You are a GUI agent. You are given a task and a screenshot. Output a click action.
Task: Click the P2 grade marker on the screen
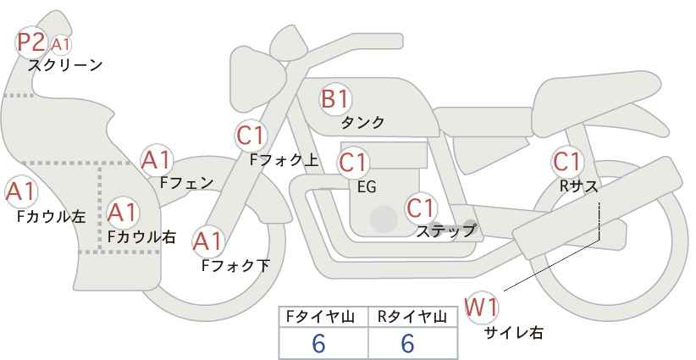(31, 42)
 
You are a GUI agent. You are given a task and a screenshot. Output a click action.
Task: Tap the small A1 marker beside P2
(60, 44)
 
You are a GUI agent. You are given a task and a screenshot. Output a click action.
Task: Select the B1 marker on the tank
(335, 99)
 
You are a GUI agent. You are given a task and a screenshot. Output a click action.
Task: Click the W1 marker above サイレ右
(481, 307)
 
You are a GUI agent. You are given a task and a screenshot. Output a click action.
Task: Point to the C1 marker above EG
(353, 163)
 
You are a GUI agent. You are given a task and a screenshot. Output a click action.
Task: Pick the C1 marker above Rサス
(566, 162)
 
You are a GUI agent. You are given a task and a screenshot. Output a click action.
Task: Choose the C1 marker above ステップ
(422, 208)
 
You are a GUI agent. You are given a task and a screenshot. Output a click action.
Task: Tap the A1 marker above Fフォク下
(207, 241)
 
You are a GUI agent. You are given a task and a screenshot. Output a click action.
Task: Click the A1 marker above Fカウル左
(20, 192)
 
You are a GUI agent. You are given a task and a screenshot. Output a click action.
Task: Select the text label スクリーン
(65, 66)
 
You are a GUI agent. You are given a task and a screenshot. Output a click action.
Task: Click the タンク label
(362, 123)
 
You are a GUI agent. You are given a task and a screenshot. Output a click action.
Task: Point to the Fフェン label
(186, 182)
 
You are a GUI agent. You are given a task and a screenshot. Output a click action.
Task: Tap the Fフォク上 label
(284, 160)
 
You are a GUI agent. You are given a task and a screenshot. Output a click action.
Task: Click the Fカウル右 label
(141, 237)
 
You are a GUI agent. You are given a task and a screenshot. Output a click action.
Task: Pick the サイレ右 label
(514, 333)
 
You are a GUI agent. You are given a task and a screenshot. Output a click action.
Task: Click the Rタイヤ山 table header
(412, 317)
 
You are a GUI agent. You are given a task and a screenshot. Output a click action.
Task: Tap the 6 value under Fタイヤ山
(318, 343)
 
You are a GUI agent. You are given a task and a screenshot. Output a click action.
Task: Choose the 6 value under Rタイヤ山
(407, 343)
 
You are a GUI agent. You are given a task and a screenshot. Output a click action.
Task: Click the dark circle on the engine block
(384, 219)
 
